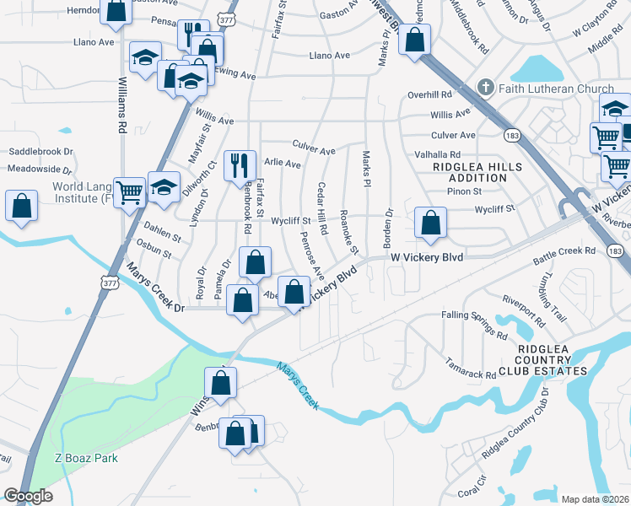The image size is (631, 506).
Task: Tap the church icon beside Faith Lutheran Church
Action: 485,87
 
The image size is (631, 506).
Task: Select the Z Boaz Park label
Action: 86,458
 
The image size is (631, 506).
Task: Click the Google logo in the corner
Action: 28,495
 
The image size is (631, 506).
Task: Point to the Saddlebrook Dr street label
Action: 41,152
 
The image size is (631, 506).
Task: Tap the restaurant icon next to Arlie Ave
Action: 239,163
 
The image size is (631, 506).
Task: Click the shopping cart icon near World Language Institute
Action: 129,192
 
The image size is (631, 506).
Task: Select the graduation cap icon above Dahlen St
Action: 164,187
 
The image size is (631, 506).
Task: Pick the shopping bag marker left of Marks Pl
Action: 414,39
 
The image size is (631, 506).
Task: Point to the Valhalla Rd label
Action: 437,155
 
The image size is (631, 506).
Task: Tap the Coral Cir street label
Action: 472,493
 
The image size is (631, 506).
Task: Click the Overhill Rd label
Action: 429,94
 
